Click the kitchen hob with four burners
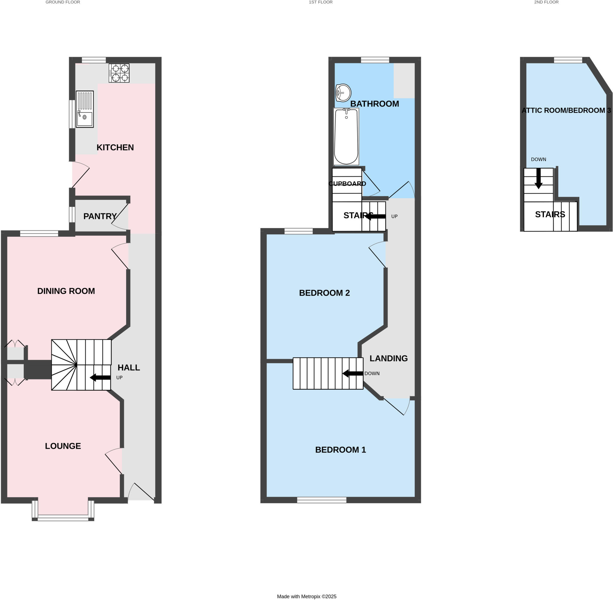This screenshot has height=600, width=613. (x=119, y=73)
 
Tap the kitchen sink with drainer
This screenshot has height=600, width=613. (x=84, y=109)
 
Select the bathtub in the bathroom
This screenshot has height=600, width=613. (x=346, y=136)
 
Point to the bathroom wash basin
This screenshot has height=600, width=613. (x=343, y=93)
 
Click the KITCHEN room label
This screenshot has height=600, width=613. (x=115, y=148)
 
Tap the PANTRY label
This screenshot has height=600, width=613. (x=100, y=216)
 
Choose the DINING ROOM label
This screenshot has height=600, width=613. (x=66, y=291)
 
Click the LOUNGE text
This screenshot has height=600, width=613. (x=63, y=446)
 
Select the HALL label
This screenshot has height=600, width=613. (x=129, y=367)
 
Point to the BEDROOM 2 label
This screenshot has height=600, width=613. (x=324, y=293)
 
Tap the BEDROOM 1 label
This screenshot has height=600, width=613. (x=340, y=450)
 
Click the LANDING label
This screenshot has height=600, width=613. (x=388, y=358)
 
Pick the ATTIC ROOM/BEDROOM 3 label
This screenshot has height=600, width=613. (x=566, y=110)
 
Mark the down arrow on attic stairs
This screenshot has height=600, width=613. (x=539, y=178)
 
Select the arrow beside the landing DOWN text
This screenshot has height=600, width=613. (x=353, y=373)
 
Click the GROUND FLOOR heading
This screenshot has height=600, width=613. (x=63, y=2)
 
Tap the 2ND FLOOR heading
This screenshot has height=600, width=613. (x=546, y=2)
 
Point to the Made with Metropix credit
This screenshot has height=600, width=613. (x=306, y=596)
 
